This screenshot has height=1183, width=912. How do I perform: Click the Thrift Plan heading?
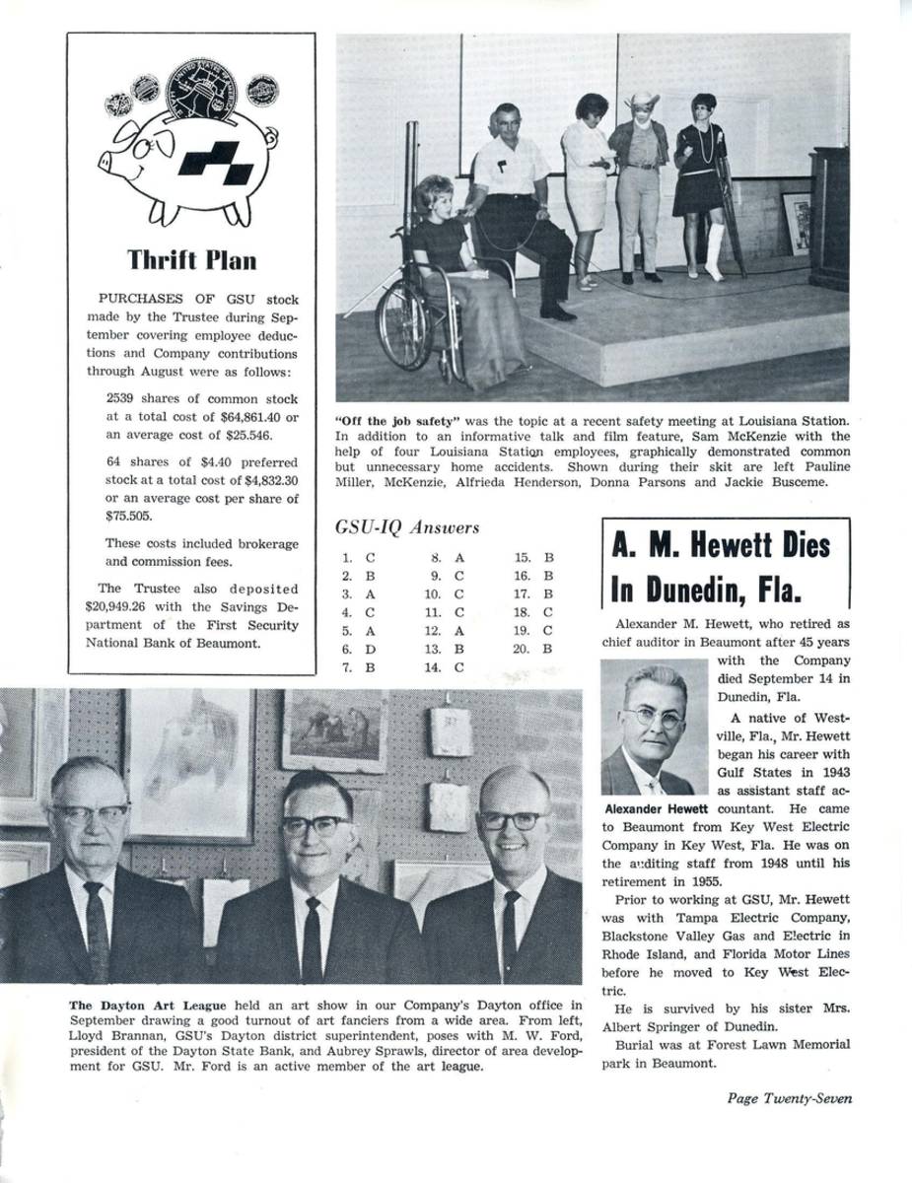pyautogui.click(x=191, y=259)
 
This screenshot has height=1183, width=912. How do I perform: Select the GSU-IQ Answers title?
pyautogui.click(x=407, y=527)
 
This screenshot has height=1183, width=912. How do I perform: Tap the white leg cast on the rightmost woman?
pyautogui.click(x=715, y=250)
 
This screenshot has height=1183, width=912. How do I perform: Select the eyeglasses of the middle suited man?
pyautogui.click(x=315, y=824)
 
